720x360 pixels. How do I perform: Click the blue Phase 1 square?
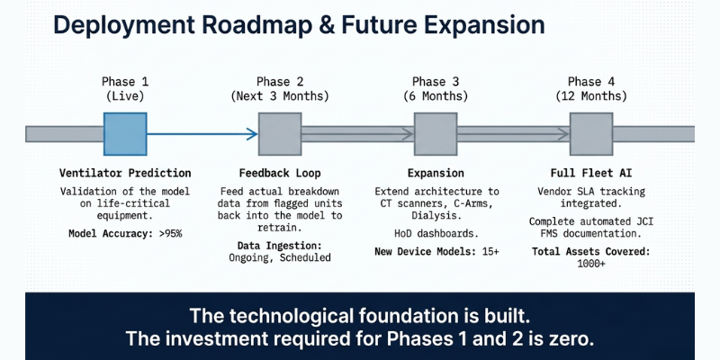click(x=125, y=135)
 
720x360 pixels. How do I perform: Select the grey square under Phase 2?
click(x=280, y=135)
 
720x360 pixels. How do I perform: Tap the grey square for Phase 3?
click(x=436, y=135)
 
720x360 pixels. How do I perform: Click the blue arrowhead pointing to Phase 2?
click(x=251, y=135)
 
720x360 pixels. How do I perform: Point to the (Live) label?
click(x=125, y=95)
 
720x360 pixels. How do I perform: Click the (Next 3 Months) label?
click(x=280, y=95)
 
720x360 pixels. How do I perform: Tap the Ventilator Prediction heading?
click(x=125, y=173)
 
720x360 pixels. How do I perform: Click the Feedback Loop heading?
click(x=280, y=173)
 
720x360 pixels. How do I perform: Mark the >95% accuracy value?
click(x=167, y=234)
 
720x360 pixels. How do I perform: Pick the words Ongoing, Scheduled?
click(x=280, y=257)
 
